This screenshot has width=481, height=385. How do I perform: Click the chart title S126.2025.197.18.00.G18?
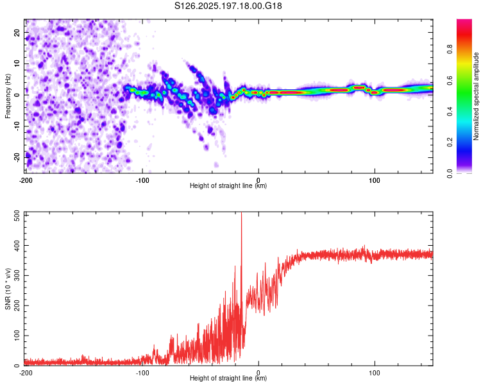pos(228,6)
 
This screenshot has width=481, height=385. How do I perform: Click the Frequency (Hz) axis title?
pos(8,96)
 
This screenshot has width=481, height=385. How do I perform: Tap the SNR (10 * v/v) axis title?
pos(8,289)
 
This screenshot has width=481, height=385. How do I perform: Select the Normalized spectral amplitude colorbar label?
pos(476,96)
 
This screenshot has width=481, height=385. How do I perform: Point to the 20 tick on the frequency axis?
pos(17,32)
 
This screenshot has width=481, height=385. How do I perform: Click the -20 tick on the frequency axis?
pos(17,157)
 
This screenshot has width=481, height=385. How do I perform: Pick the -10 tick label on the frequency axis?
pos(17,126)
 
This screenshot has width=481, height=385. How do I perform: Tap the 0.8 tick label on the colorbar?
pos(450,49)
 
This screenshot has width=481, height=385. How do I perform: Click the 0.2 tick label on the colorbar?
pos(450,142)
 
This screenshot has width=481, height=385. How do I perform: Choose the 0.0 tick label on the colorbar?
pos(450,173)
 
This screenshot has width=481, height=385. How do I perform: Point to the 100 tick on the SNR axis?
pos(17,336)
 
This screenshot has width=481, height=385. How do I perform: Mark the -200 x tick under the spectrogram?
pos(26,180)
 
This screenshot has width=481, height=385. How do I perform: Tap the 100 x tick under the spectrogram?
pos(375,180)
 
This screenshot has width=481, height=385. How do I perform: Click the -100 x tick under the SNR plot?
pos(142,373)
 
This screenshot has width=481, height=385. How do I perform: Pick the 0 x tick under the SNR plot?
pos(258,373)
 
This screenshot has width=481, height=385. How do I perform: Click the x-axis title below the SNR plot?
pos(228,378)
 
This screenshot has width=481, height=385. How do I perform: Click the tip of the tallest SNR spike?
pos(241,212)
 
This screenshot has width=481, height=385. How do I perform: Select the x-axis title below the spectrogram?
pos(228,185)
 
